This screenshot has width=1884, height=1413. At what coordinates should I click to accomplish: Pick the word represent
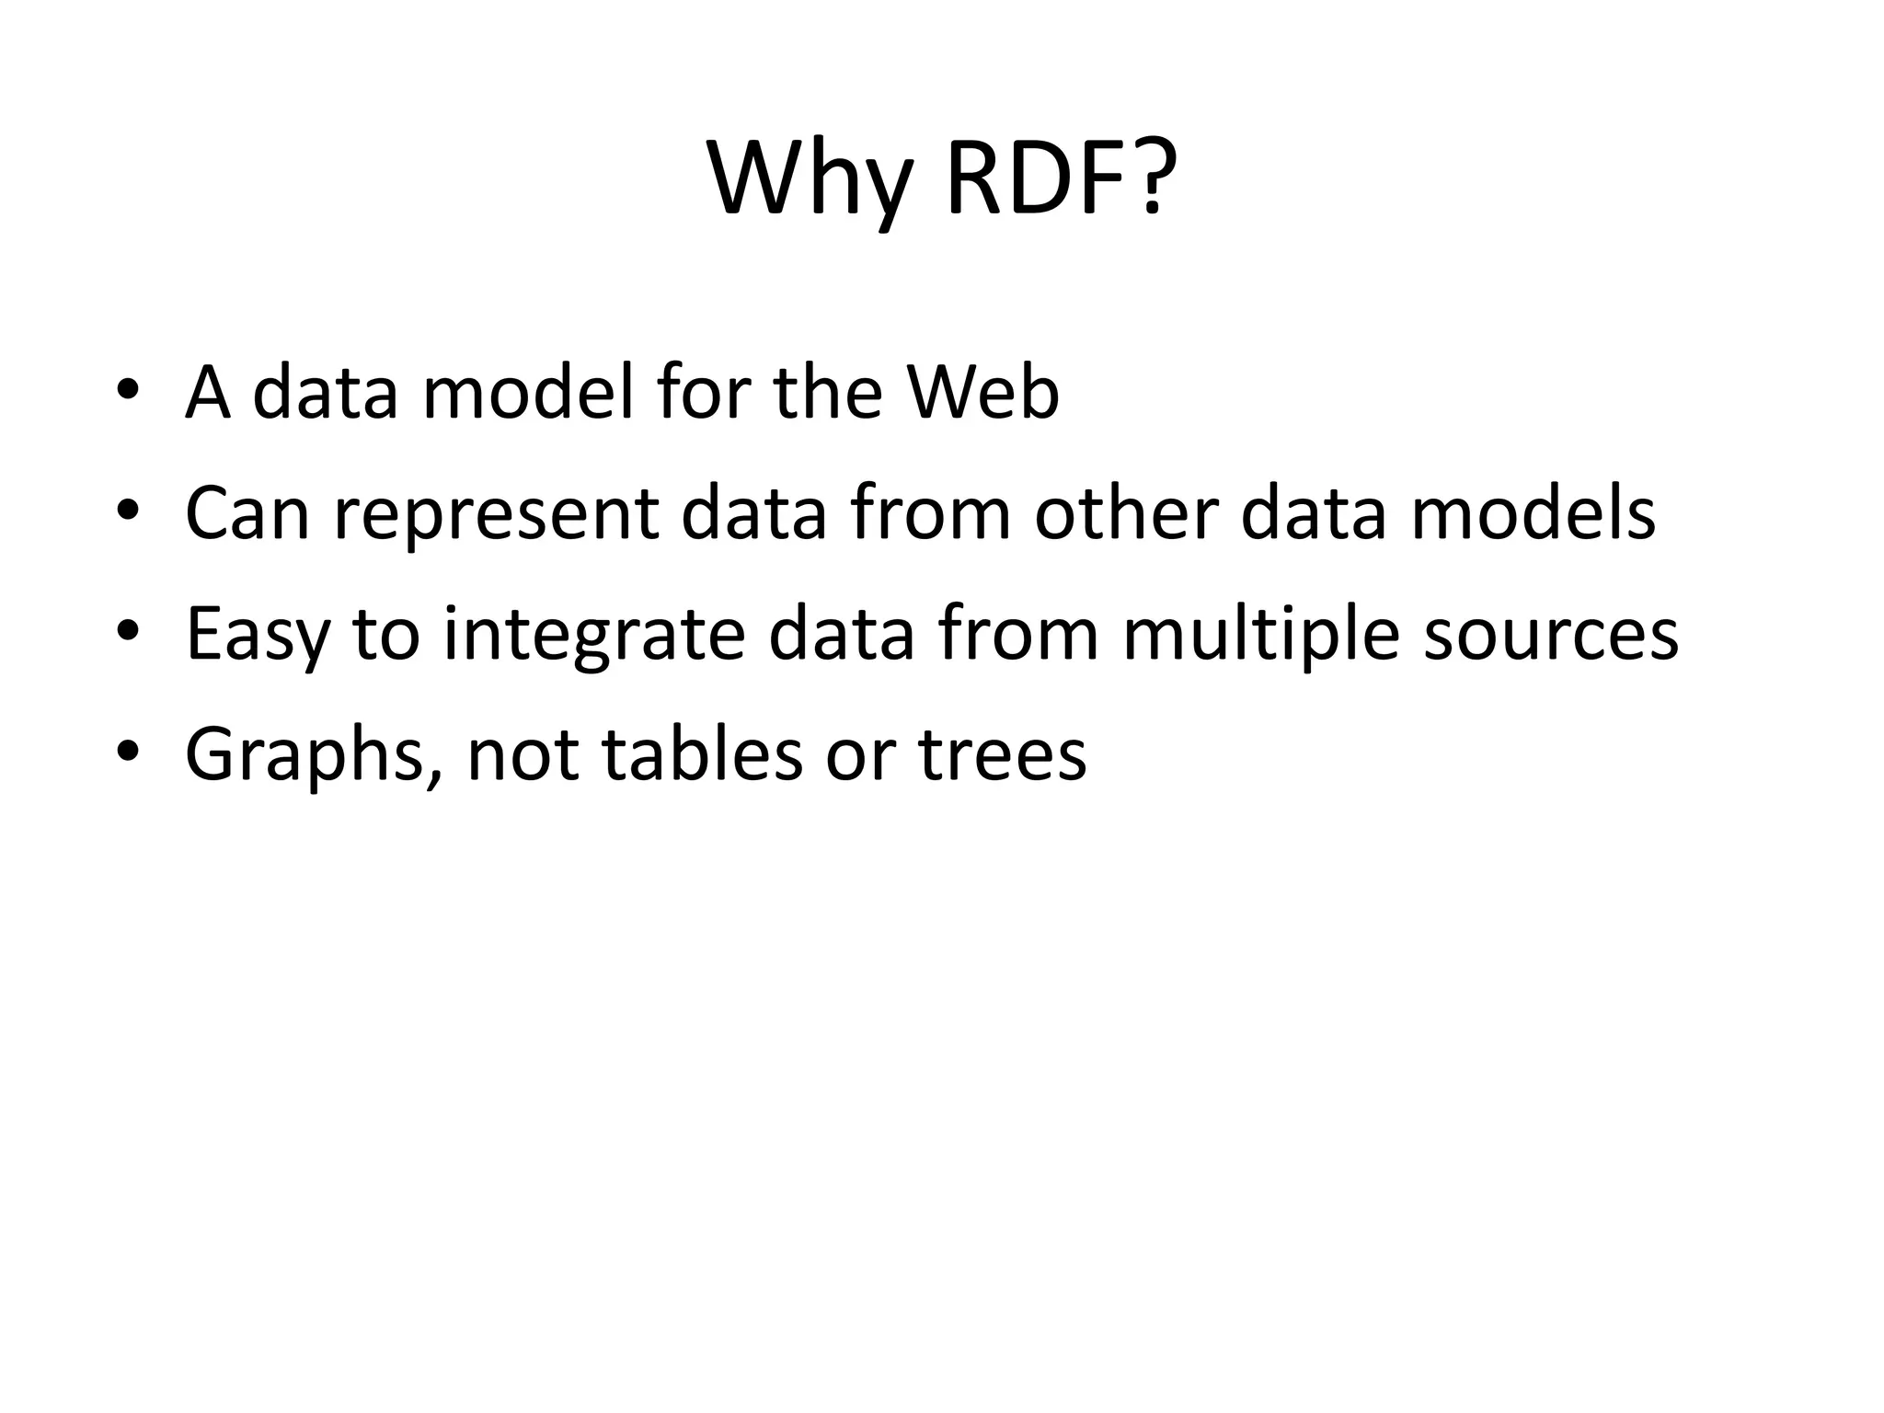pos(496,513)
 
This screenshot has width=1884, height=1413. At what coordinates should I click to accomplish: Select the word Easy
pos(257,635)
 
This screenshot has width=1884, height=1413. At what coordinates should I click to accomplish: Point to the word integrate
pos(593,635)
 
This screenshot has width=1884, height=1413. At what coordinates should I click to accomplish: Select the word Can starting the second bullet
pos(247,513)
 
